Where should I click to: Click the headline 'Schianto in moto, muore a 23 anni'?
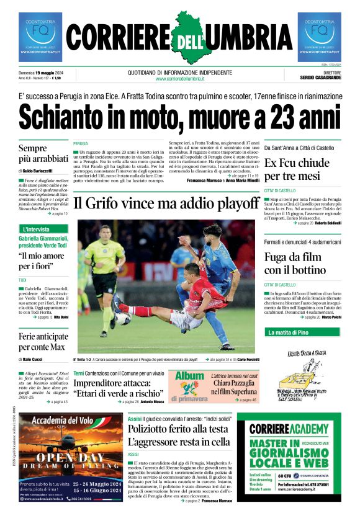[x=179, y=118]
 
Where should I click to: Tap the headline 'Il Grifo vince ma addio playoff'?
[x=166, y=203]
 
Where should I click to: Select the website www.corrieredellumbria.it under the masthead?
[x=180, y=79]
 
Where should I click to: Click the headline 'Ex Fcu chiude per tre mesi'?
[x=297, y=170]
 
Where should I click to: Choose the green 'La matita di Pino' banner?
[x=286, y=332]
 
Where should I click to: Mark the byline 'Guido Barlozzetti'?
[x=38, y=171]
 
